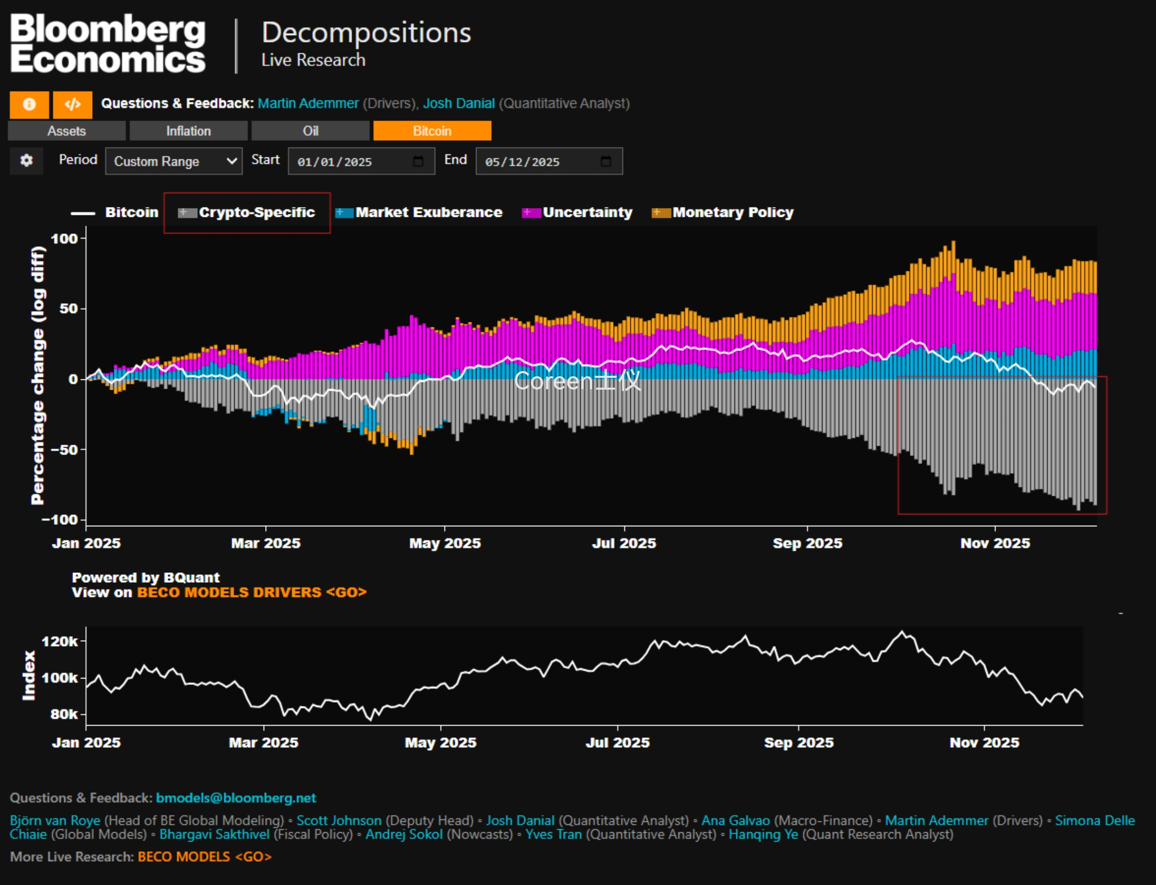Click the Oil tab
310,130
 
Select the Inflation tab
188,130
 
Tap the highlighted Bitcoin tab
432,130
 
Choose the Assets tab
66,130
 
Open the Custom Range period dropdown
174,161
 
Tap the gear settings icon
26,160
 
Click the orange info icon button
29,105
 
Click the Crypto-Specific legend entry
247,212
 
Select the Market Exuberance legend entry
419,212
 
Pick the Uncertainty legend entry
577,212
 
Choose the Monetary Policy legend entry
722,212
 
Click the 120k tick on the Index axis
60,642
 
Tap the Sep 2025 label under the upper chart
807,543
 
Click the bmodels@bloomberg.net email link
236,798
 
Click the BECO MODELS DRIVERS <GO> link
251,593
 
